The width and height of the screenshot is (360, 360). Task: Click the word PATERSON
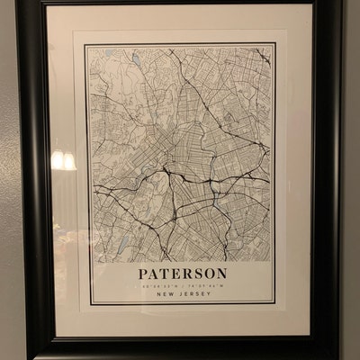(x=183, y=273)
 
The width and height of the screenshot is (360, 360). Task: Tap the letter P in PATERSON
(x=143, y=273)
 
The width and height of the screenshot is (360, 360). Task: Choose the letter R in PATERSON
(x=185, y=273)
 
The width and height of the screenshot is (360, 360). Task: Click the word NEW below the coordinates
(x=163, y=293)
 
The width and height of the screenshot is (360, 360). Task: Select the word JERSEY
(x=193, y=293)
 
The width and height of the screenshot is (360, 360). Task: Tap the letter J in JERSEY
(x=178, y=293)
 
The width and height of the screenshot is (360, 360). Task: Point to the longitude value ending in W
(x=203, y=284)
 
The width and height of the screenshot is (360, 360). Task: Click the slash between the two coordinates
(x=183, y=284)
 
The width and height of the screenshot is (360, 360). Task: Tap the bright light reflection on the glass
(x=64, y=160)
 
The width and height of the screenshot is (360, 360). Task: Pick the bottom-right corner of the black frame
(x=340, y=356)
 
